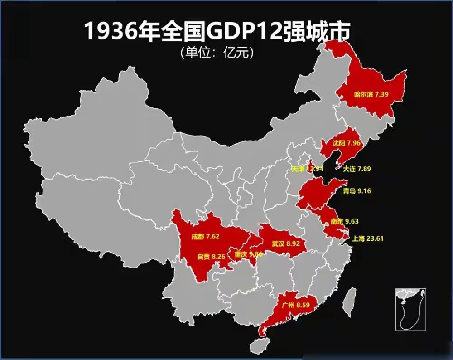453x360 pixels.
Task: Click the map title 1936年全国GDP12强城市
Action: pos(217,32)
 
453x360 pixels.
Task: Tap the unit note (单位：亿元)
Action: pos(216,53)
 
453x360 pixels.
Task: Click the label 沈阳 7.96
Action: pos(346,143)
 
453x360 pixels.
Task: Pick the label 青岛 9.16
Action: pos(357,191)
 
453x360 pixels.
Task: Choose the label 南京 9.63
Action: pos(345,221)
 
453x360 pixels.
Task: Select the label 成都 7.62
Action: pos(205,236)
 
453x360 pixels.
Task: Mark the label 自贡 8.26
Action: pos(211,256)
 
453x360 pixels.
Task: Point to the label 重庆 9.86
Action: pos(248,254)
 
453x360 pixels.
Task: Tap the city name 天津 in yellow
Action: pos(298,169)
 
